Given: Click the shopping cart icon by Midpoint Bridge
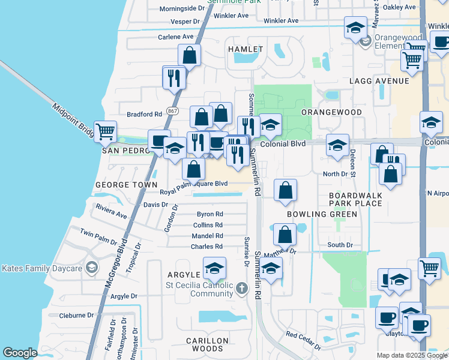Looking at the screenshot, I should (x=106, y=131).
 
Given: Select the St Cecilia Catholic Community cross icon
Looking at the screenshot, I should (x=241, y=289).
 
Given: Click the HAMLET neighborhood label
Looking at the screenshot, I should (x=245, y=49).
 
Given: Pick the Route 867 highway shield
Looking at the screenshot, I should (x=173, y=112).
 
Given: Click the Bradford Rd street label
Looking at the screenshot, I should (x=145, y=114).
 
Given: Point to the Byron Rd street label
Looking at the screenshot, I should (x=209, y=214).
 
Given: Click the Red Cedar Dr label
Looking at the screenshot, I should (x=303, y=341).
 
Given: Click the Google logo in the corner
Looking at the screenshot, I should (x=20, y=353).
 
